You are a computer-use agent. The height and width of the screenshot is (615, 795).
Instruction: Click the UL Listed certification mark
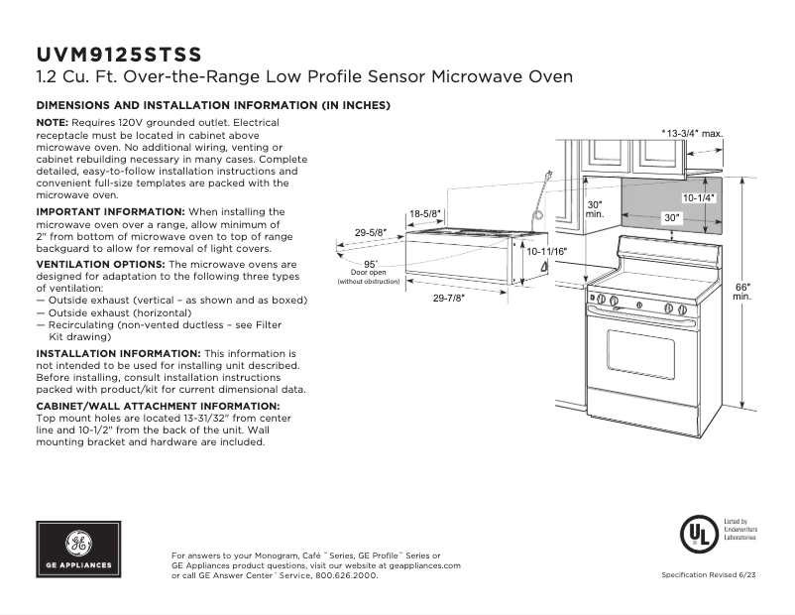pos(698,536)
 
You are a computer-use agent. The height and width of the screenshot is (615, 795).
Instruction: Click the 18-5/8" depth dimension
pos(425,213)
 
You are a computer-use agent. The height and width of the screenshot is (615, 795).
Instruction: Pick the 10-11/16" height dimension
pos(546,252)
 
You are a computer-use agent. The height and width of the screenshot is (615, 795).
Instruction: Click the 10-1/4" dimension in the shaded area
pos(698,198)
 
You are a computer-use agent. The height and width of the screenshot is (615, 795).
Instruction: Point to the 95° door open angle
pos(370,263)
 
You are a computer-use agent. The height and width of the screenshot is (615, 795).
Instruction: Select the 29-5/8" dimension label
pos(370,233)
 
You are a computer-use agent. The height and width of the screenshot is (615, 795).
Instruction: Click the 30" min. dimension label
pos(595,208)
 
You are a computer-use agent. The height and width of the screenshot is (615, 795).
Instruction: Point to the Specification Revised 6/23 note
pos(708,576)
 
